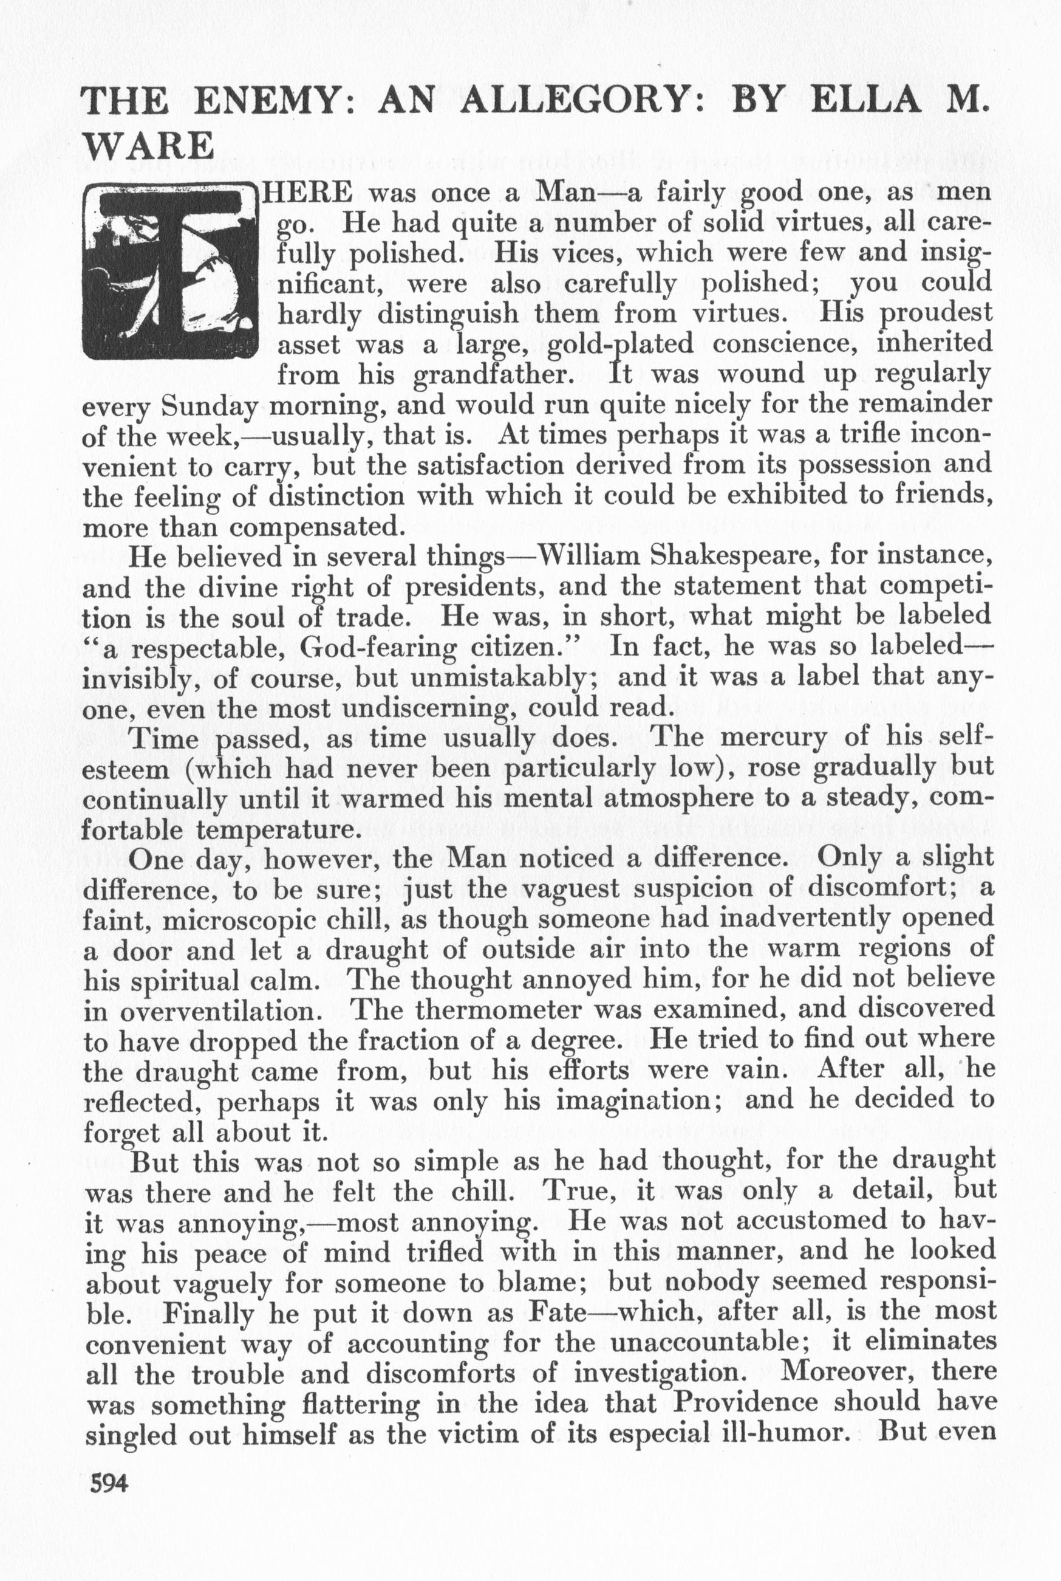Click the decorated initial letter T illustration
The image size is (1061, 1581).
(x=171, y=272)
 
